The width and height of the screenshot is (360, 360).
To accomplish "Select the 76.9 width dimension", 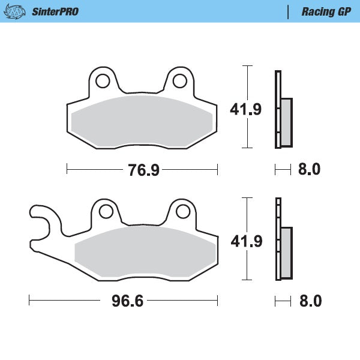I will coord(143,170).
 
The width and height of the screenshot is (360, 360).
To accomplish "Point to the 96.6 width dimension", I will coord(127,301).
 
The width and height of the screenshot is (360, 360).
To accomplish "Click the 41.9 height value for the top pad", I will coord(246,109).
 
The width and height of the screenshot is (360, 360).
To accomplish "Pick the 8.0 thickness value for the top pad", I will coord(309,170).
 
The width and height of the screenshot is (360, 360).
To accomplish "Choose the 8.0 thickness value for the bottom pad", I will coord(310,301).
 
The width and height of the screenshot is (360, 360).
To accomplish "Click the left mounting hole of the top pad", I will coord(102,79).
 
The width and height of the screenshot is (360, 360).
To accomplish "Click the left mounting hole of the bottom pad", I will coord(106,211).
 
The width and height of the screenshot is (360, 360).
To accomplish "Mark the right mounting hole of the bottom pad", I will coord(184,211).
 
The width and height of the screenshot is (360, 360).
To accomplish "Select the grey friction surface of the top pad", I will coord(142,119).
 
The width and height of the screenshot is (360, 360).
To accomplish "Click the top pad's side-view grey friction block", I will coord(286,122).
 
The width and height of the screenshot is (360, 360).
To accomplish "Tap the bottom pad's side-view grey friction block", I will coord(286,253).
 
